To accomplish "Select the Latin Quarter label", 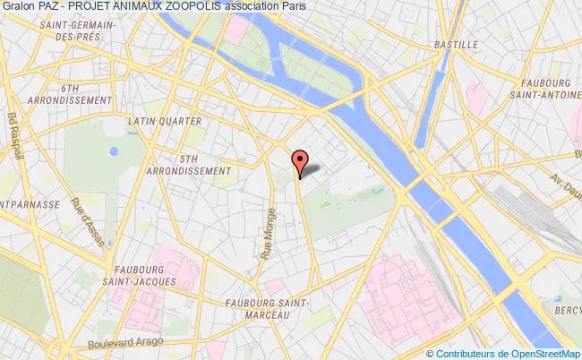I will pos(164,119).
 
